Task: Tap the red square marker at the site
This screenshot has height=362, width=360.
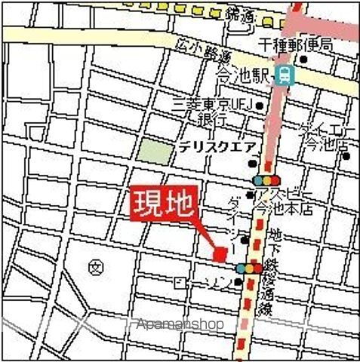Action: coord(220,255)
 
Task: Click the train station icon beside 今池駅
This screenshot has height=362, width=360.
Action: coord(285,74)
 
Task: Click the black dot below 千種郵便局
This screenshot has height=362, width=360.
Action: coord(303,59)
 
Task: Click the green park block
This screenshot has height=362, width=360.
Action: coord(155,150)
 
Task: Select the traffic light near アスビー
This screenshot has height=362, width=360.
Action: coord(266,180)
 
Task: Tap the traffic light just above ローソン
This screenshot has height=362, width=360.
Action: coord(249,268)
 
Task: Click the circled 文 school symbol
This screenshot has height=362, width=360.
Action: coord(95,267)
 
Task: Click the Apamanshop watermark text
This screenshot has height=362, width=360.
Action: coord(180,324)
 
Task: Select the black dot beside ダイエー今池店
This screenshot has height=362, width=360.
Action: coord(346,156)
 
